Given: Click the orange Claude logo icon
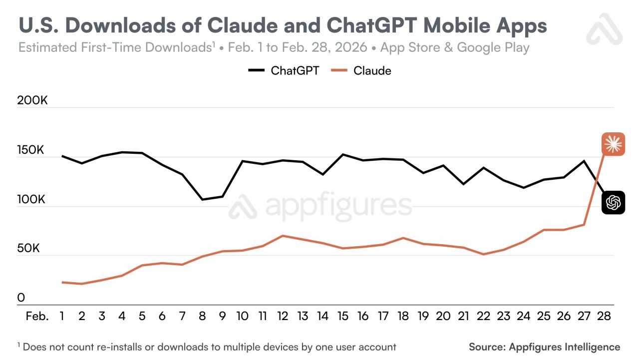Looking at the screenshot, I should (x=613, y=145).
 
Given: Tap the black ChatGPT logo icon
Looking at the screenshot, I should (x=613, y=202).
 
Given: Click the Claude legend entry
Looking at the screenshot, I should (x=362, y=70).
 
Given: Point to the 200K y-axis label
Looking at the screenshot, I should (x=32, y=100).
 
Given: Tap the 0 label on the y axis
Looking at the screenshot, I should (x=21, y=298).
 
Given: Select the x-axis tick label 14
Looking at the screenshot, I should (x=323, y=316).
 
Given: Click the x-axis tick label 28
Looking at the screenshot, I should (x=604, y=316).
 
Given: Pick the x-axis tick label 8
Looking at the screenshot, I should (x=203, y=316).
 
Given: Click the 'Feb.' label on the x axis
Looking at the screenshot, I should (x=37, y=316).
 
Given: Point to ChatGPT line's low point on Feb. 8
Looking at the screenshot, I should (x=203, y=199).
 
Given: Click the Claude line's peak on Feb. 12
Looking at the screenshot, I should (x=283, y=236).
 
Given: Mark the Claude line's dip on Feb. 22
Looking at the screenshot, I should (x=483, y=254).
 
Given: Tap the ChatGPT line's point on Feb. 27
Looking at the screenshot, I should (x=584, y=161).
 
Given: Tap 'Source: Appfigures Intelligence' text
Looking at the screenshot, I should (x=544, y=347).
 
